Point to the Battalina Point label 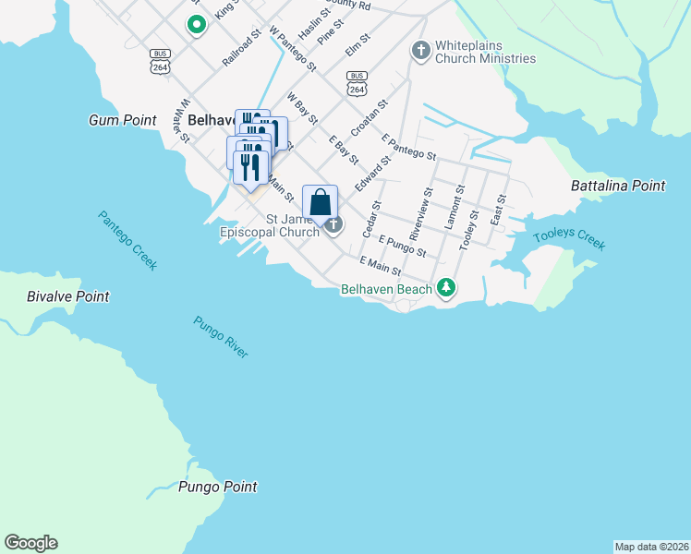(x=618, y=186)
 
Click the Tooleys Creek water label (x=569, y=238)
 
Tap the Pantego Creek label (x=127, y=240)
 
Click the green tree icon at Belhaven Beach (x=446, y=289)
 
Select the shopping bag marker (x=320, y=202)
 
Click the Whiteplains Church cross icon (x=421, y=49)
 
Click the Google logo (x=30, y=543)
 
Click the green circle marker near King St (x=196, y=24)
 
